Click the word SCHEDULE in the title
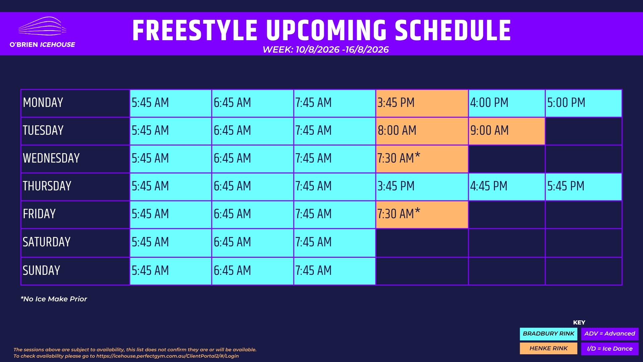(x=453, y=31)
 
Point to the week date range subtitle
(x=326, y=50)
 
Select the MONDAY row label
(x=43, y=103)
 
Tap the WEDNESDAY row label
(x=51, y=158)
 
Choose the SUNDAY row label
(x=42, y=270)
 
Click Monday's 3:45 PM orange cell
(x=422, y=103)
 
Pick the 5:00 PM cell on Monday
(x=583, y=103)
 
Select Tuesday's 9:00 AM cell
(x=507, y=131)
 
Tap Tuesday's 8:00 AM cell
(x=422, y=131)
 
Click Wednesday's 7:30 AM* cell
(x=422, y=159)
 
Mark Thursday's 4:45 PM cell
(x=507, y=187)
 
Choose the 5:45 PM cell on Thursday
(x=583, y=187)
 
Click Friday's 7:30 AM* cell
(x=422, y=215)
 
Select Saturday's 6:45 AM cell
(x=253, y=243)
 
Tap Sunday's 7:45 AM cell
(x=335, y=271)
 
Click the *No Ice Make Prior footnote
(x=54, y=299)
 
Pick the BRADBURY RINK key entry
(x=549, y=334)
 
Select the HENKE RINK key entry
(x=549, y=349)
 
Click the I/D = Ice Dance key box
(x=610, y=349)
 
